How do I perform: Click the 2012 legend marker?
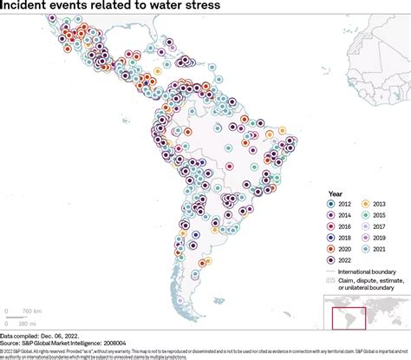[x=333, y=204]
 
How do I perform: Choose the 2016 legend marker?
[x=333, y=226]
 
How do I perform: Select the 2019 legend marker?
[x=368, y=236]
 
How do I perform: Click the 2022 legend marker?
[x=333, y=259]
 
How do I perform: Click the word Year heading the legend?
[x=336, y=193]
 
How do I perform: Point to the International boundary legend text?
[x=375, y=271]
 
